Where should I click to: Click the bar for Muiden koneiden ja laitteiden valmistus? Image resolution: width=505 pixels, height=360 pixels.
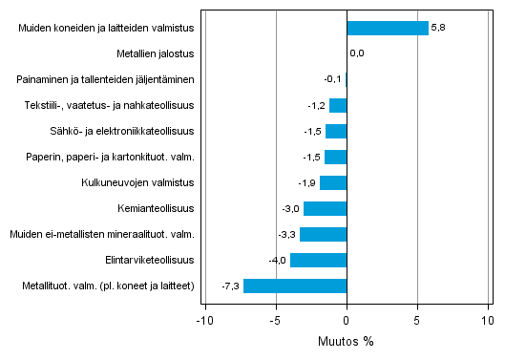(x=388, y=29)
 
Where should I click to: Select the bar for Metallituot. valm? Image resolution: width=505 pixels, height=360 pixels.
(x=295, y=286)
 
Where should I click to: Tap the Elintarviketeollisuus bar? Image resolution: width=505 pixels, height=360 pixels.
(x=318, y=260)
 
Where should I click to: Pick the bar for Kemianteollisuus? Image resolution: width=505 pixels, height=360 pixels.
(x=325, y=208)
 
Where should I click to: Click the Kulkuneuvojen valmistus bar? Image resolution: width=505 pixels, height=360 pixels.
(x=333, y=182)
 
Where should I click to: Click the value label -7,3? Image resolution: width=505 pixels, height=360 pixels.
(x=231, y=286)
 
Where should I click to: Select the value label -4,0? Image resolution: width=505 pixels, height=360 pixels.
(x=278, y=260)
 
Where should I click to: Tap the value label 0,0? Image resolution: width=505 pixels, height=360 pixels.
(x=357, y=54)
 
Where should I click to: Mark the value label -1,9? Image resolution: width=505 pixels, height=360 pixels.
(x=307, y=182)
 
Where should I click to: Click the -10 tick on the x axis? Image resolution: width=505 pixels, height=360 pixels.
(x=202, y=320)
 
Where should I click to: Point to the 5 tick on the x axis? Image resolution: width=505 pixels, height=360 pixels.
(x=417, y=320)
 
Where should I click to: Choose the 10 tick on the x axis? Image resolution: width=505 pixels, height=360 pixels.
(x=487, y=320)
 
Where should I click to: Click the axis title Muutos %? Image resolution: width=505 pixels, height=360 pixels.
(x=347, y=341)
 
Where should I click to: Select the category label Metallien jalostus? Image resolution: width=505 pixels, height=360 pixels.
(x=157, y=54)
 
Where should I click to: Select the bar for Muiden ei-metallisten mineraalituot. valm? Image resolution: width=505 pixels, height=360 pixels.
(x=323, y=234)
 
